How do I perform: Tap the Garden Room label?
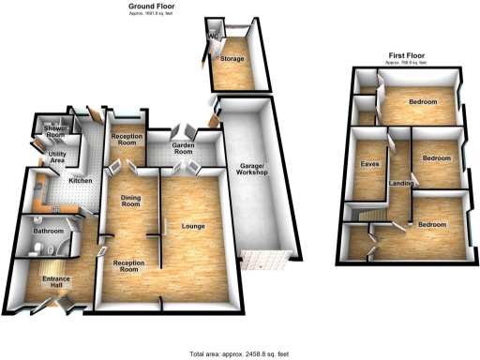189,149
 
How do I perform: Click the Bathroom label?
48,230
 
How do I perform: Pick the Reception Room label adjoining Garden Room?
126,141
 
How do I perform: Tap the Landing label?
401,183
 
